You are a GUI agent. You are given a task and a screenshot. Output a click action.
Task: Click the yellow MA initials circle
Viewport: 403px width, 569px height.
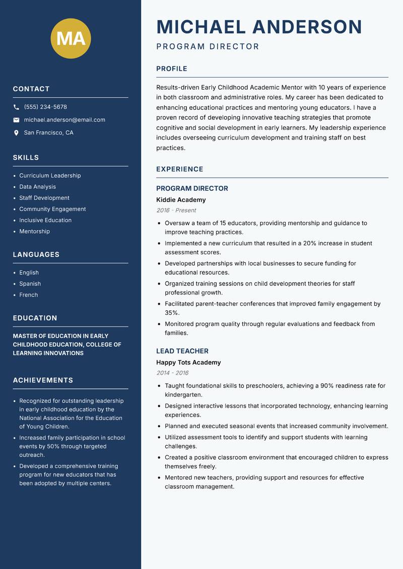tap(71, 38)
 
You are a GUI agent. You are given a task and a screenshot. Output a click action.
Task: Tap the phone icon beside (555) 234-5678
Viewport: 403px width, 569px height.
tap(16, 107)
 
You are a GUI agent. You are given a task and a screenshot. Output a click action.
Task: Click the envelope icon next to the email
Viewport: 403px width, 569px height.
tap(16, 120)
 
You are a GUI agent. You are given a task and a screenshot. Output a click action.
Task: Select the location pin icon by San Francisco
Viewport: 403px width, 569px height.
tap(16, 133)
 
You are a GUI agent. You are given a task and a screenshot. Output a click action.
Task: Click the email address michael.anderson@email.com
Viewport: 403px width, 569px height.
tap(64, 120)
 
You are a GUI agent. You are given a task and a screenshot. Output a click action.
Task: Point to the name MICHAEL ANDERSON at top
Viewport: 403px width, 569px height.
tap(259, 27)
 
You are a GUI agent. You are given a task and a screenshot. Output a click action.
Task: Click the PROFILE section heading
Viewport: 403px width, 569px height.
tap(171, 68)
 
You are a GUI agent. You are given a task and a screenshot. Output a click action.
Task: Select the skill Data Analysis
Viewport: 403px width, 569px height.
tap(37, 187)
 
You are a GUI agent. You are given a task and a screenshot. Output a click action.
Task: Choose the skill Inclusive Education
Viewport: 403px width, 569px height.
tap(45, 220)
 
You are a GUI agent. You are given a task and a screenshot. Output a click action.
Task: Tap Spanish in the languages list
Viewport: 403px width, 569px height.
tap(30, 283)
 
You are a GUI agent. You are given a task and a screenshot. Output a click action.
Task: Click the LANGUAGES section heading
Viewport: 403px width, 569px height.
tap(36, 254)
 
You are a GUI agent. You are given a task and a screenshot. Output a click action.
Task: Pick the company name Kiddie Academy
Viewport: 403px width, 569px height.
tap(181, 200)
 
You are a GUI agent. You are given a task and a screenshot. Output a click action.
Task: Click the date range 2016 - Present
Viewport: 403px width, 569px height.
tap(176, 210)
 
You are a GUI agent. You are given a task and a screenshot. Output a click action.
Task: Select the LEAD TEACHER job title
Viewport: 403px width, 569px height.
tap(182, 351)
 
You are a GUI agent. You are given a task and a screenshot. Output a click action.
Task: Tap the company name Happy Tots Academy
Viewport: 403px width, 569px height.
tap(188, 363)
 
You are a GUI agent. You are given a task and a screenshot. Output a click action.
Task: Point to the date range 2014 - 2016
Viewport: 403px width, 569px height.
tap(172, 373)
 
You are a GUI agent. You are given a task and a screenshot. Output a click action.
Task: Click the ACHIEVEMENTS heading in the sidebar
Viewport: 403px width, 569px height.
tap(43, 380)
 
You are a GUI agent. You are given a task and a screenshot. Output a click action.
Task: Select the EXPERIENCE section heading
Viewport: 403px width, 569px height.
tap(179, 169)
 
